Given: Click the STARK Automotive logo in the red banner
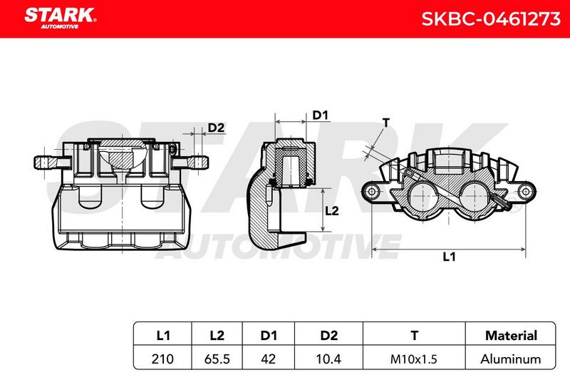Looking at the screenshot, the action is [x=61, y=19].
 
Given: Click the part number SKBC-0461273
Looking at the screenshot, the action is [x=491, y=19].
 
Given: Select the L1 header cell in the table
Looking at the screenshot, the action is [x=162, y=335].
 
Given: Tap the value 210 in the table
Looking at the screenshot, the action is [x=162, y=359].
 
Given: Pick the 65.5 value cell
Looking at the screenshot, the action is [x=217, y=359].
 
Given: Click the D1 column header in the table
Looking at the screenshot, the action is [x=269, y=335].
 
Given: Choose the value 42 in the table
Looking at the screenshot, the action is [x=269, y=359].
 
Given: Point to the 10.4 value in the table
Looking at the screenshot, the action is [x=328, y=359].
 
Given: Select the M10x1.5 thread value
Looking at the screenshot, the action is [x=414, y=359].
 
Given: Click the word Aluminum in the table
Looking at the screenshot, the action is [x=510, y=359].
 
